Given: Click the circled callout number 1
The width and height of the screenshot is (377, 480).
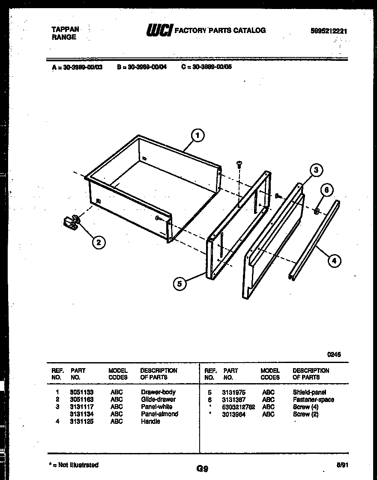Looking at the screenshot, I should pyautogui.click(x=197, y=136).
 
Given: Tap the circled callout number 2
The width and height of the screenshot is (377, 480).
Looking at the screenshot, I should pyautogui.click(x=99, y=243).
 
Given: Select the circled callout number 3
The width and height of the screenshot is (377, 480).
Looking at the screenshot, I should pyautogui.click(x=316, y=170).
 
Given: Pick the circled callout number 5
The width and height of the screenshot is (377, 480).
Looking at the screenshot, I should pyautogui.click(x=180, y=283).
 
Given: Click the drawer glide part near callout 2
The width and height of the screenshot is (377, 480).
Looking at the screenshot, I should pyautogui.click(x=71, y=221).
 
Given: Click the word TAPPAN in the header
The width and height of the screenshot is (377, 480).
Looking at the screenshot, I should pyautogui.click(x=65, y=29).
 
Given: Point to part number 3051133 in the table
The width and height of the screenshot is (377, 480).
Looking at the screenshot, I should pyautogui.click(x=81, y=392).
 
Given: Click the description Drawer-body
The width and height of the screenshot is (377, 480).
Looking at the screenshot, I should pyautogui.click(x=158, y=392).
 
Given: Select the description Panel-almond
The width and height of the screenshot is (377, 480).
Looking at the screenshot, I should pyautogui.click(x=159, y=414).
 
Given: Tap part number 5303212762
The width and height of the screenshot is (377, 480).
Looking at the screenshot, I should pyautogui.click(x=238, y=407).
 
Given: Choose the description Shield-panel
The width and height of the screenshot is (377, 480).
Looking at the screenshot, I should pyautogui.click(x=309, y=392).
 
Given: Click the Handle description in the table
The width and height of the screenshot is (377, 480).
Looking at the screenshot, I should pyautogui.click(x=150, y=421).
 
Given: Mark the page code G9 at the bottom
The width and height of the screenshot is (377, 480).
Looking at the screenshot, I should pyautogui.click(x=203, y=468).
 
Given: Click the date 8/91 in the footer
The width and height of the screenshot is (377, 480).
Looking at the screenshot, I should pyautogui.click(x=341, y=465).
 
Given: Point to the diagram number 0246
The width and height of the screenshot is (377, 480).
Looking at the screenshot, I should pyautogui.click(x=334, y=354).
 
